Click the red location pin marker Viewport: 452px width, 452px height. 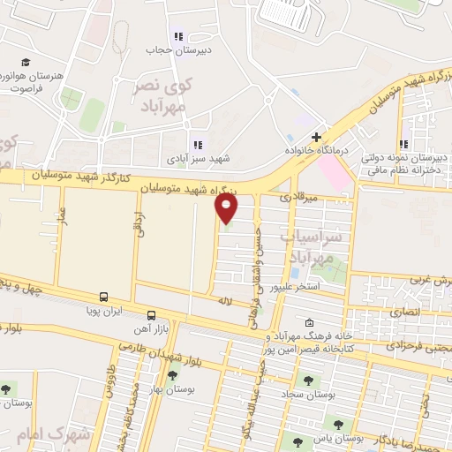[228, 208]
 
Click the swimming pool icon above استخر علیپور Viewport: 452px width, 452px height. [294, 271]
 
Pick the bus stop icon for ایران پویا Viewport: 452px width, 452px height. [104, 298]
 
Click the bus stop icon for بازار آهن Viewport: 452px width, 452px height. [152, 314]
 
